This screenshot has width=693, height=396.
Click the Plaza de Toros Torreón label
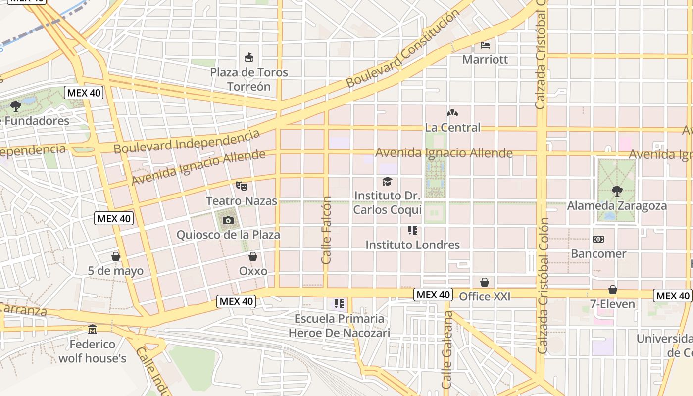(249, 79)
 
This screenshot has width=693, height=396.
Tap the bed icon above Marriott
(485, 45)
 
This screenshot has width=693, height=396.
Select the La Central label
(452, 127)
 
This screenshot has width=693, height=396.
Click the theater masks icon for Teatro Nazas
(242, 186)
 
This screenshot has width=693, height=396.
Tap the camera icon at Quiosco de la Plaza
(228, 220)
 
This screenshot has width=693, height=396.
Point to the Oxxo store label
(253, 271)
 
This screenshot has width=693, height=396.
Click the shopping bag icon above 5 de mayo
(116, 256)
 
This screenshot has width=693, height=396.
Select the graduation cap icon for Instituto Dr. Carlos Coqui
(387, 182)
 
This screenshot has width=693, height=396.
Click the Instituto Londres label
(412, 245)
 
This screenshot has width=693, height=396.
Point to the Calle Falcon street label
(326, 230)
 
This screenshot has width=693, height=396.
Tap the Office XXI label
(485, 297)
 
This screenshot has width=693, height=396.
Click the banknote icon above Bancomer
(598, 239)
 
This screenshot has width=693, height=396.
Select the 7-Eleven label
(612, 304)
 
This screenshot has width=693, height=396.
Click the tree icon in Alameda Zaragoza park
(617, 191)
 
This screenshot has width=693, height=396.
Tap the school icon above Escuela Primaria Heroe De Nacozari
(339, 303)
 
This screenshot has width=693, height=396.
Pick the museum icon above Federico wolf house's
(93, 329)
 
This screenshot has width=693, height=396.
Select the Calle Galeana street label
(447, 349)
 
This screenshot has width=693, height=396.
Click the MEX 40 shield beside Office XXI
(433, 295)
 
